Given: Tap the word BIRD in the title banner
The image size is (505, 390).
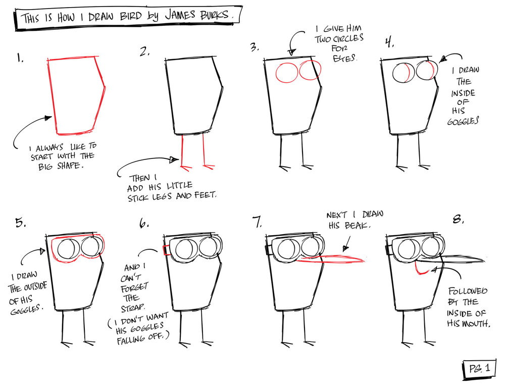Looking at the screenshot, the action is (x=131, y=16).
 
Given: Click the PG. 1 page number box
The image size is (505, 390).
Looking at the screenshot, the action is (x=479, y=368).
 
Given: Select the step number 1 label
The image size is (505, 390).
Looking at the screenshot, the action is (x=20, y=58).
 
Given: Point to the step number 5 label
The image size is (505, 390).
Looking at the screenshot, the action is (x=20, y=222).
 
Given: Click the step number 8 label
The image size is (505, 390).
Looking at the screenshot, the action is (x=458, y=220).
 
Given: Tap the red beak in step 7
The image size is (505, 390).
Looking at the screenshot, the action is (x=330, y=259).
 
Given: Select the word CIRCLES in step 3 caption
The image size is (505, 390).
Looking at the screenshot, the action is (x=348, y=39).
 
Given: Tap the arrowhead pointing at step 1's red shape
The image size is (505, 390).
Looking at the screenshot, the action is (x=48, y=118).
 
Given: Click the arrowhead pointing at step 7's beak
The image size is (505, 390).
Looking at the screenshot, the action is (x=345, y=248).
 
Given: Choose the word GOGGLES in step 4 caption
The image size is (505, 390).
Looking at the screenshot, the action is (x=463, y=121).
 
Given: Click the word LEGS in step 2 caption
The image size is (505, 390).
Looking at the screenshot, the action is (x=162, y=196).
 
